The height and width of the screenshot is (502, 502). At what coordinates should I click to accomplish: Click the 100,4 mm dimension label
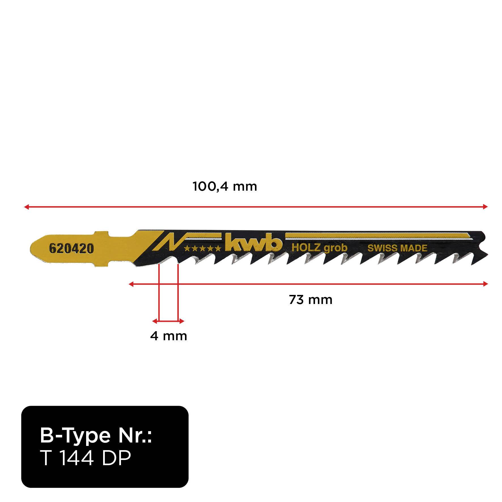pyautogui.click(x=225, y=187)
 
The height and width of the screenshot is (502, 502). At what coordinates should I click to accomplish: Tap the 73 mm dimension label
pyautogui.click(x=310, y=300)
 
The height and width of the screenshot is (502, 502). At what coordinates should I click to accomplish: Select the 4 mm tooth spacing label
pyautogui.click(x=169, y=336)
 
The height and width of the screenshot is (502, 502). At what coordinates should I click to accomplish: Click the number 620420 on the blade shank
pyautogui.click(x=71, y=249)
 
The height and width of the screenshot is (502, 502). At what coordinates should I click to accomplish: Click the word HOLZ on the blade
pyautogui.click(x=306, y=248)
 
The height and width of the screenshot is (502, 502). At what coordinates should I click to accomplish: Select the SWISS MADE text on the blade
pyautogui.click(x=397, y=248)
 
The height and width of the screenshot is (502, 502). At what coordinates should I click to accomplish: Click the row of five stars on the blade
pyautogui.click(x=202, y=249)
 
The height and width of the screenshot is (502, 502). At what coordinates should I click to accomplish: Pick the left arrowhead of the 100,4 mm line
pyautogui.click(x=26, y=207)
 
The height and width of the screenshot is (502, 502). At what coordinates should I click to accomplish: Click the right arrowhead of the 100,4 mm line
pyautogui.click(x=485, y=207)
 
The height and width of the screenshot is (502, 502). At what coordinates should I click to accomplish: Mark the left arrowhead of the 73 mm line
pyautogui.click(x=131, y=284)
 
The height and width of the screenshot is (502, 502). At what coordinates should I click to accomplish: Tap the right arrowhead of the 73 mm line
pyautogui.click(x=485, y=284)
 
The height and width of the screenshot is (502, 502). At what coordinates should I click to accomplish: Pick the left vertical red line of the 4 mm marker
pyautogui.click(x=159, y=292)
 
